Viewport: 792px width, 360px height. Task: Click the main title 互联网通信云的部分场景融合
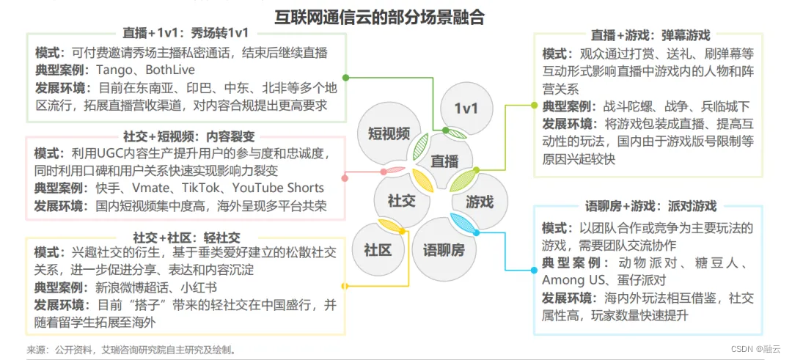point(379,17)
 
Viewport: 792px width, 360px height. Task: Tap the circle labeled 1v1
point(466,109)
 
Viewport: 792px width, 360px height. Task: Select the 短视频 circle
point(389,133)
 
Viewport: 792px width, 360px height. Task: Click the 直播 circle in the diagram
point(444,161)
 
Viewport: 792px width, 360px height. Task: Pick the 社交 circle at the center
point(402,200)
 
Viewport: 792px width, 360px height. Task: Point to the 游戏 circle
point(480,201)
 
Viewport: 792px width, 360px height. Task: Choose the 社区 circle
point(378,249)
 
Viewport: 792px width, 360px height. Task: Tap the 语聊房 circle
point(444,249)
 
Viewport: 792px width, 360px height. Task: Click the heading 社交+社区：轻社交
point(186,238)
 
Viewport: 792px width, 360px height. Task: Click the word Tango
point(112,70)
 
